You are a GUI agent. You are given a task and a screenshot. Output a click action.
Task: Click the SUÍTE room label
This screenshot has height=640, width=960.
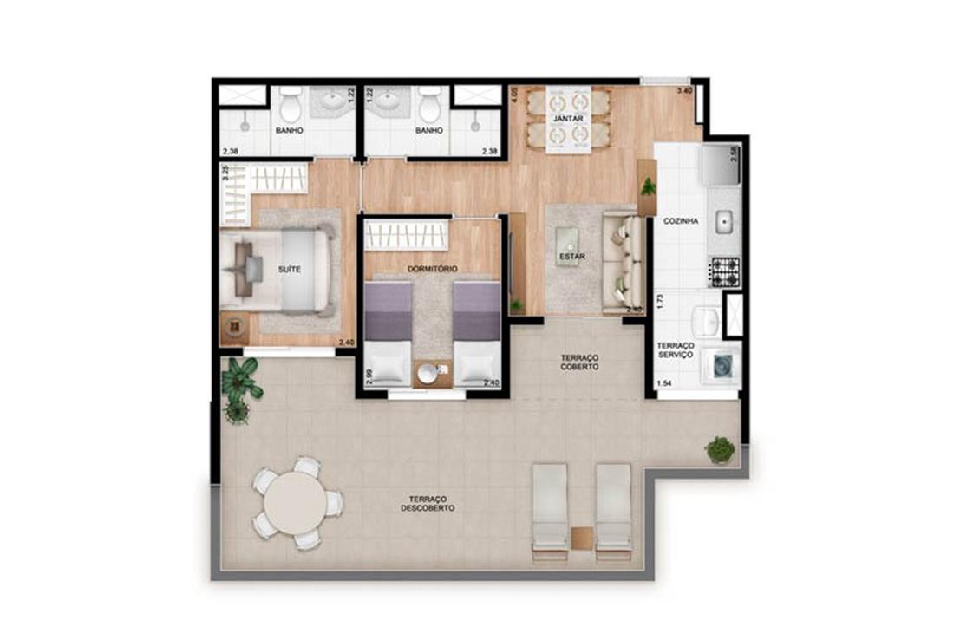coord(289,269)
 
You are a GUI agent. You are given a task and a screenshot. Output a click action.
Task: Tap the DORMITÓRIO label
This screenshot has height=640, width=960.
coord(432,269)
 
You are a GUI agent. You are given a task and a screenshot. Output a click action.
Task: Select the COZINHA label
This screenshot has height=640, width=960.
coord(681,221)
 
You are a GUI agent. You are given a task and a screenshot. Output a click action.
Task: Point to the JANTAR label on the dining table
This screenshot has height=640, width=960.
coord(568,118)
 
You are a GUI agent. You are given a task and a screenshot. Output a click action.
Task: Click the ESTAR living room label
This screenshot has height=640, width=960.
coord(571,257)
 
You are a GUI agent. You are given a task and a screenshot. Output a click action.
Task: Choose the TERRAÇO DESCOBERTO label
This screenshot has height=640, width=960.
coord(428,504)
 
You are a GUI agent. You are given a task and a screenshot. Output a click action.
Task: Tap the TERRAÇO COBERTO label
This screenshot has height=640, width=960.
coord(579,362)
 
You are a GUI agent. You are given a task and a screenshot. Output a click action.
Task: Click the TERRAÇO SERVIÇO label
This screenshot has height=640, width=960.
coord(675,350)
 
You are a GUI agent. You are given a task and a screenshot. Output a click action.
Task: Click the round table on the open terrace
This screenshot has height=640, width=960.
coord(297,502)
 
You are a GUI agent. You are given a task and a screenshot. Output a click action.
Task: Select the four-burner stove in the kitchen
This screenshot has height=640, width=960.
coord(725,272)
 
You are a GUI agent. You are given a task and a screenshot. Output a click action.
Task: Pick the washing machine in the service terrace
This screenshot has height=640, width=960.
coord(722,367)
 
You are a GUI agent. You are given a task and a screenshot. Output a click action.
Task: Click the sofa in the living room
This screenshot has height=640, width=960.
coord(623,262)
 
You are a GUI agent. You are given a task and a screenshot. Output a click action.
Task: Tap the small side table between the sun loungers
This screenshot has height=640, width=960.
coord(582,538)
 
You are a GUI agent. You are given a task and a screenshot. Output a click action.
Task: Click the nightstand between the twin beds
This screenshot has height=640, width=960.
coord(432,374)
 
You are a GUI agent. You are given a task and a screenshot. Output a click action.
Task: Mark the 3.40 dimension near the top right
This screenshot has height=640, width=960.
coord(684,91)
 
